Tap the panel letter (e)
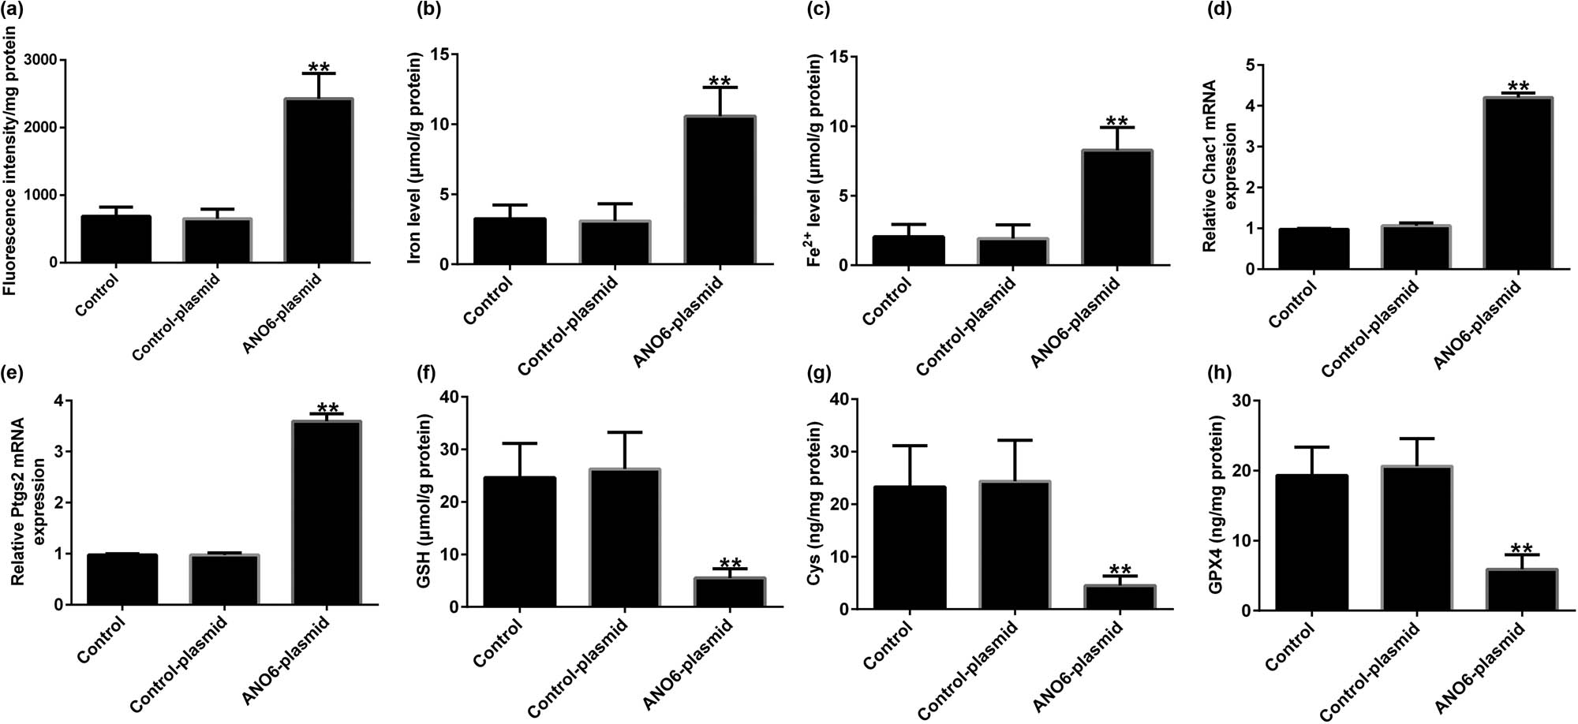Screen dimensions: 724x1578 tap(12, 373)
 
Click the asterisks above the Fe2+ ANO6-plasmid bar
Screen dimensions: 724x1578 tap(1116, 121)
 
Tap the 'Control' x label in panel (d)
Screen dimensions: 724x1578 tap(1293, 304)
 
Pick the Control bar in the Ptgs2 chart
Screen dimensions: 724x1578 tap(122, 580)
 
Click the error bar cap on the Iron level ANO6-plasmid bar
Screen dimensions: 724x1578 tap(719, 88)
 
